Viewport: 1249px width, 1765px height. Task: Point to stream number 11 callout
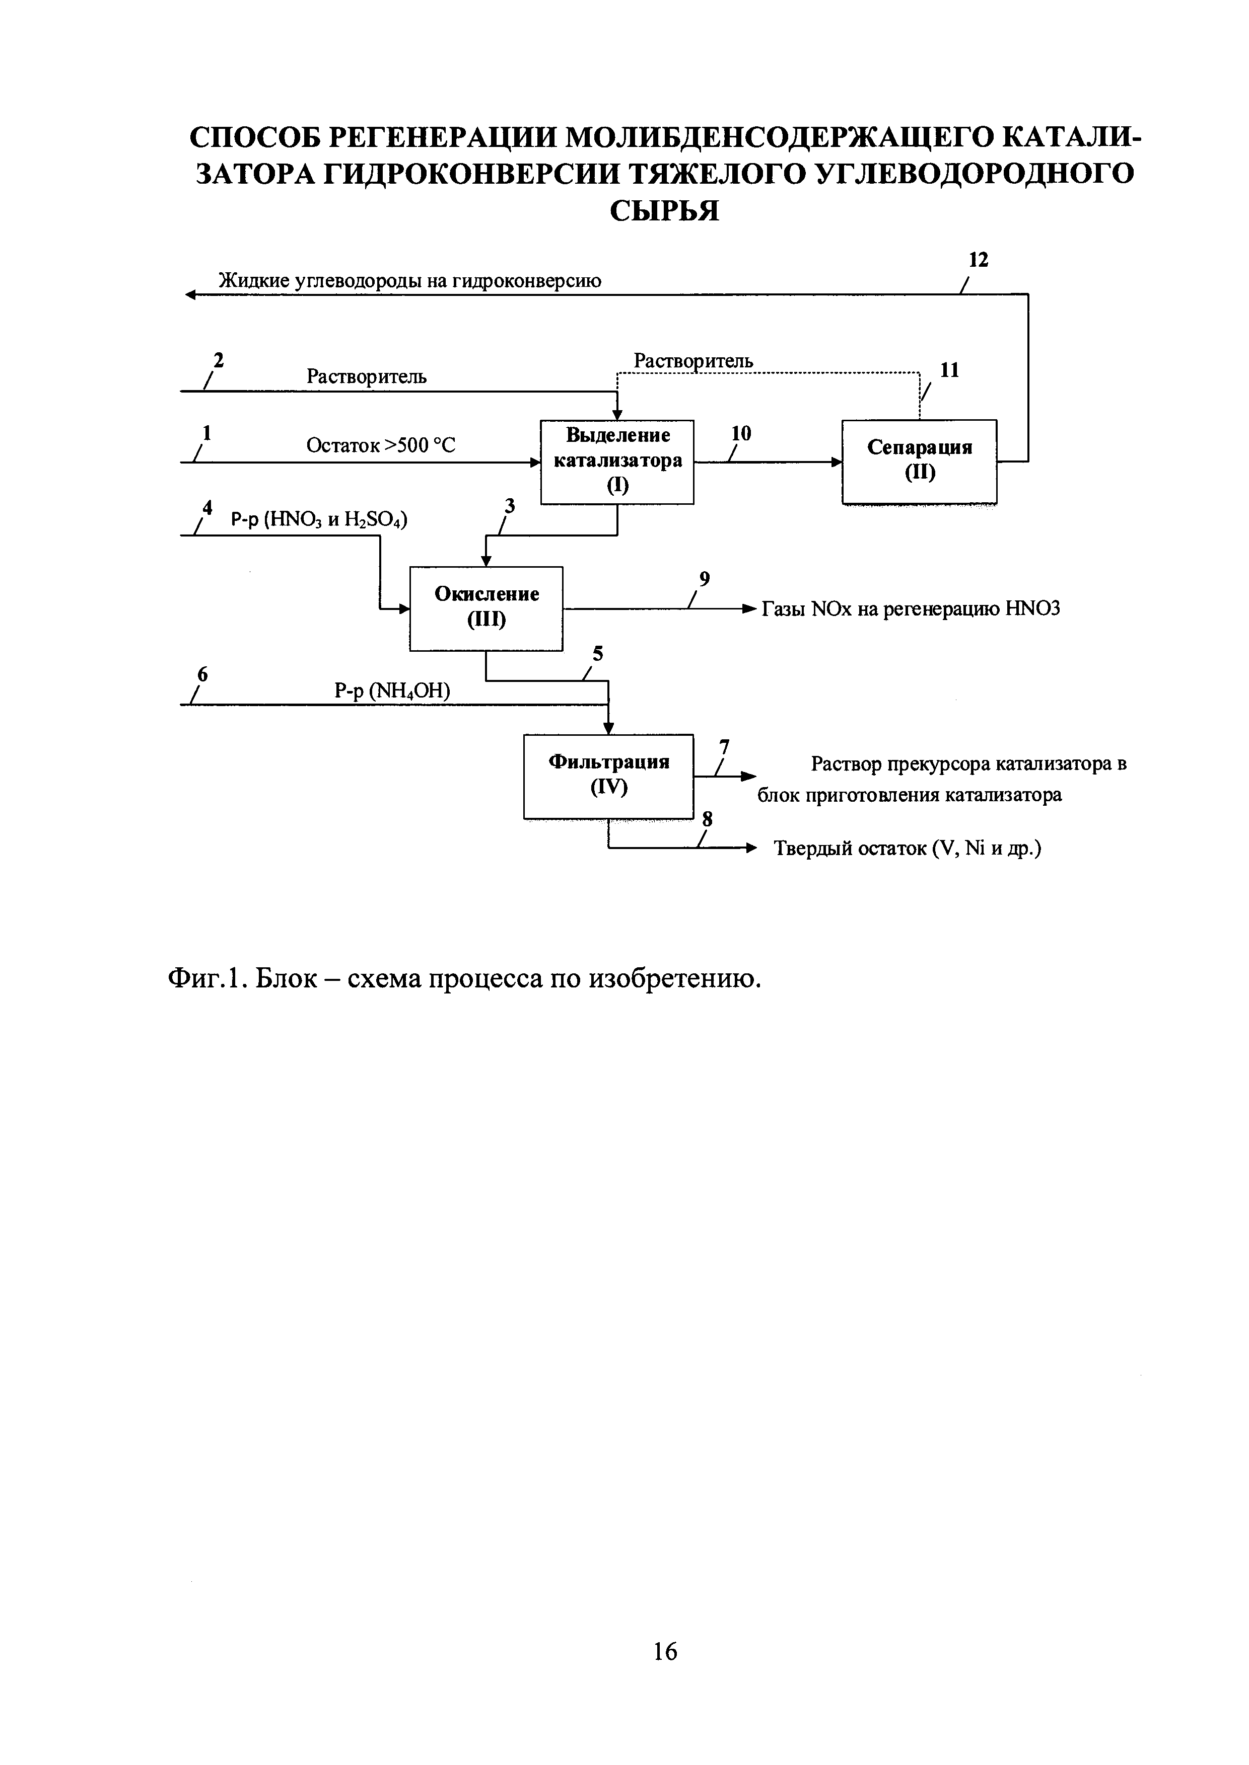click(950, 370)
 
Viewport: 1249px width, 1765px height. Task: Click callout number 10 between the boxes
click(741, 433)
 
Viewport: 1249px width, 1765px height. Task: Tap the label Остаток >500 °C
click(381, 445)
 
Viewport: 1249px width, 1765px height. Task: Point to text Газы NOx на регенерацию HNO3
click(911, 609)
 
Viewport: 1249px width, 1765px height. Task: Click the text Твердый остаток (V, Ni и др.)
click(908, 849)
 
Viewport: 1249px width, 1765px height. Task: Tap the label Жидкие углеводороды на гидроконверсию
click(410, 281)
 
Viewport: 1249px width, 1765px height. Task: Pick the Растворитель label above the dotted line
click(693, 360)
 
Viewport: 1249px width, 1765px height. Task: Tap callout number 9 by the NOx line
click(704, 579)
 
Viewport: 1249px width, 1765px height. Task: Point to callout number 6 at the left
click(202, 673)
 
